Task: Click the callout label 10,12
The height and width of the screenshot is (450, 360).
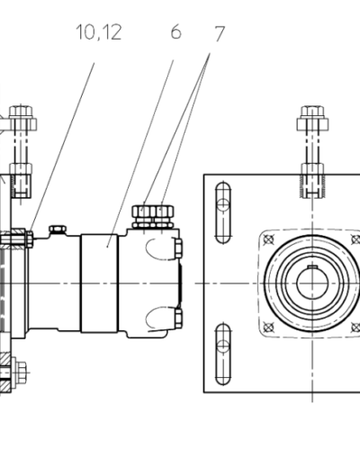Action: pos(99,32)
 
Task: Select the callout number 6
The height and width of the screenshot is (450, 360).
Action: pos(176,31)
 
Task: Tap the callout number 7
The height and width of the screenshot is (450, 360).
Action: pos(220,33)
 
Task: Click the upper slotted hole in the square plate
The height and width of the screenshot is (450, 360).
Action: pos(223,212)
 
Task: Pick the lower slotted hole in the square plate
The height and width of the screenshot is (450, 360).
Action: pos(223,354)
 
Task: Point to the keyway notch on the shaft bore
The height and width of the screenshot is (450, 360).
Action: pos(312,266)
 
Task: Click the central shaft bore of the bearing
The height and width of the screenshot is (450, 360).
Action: pos(312,283)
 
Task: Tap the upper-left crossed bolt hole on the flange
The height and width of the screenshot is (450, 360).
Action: pos(268,239)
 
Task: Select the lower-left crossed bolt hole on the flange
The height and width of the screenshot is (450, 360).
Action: pos(268,327)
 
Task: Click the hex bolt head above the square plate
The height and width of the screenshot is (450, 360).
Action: pos(312,118)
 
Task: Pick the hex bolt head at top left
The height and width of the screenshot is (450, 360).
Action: pos(21,118)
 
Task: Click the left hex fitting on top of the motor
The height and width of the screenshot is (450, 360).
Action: pos(144,216)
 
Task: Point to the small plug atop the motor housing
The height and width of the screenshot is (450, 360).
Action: pos(58,229)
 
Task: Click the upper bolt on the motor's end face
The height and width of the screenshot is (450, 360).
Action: pos(178,248)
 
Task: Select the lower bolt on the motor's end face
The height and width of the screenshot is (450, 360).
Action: pos(178,318)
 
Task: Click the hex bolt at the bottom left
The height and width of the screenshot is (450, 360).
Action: pos(19,373)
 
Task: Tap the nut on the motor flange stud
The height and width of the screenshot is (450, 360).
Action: pos(29,239)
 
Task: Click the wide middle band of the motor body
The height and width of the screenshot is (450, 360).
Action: pos(99,283)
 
